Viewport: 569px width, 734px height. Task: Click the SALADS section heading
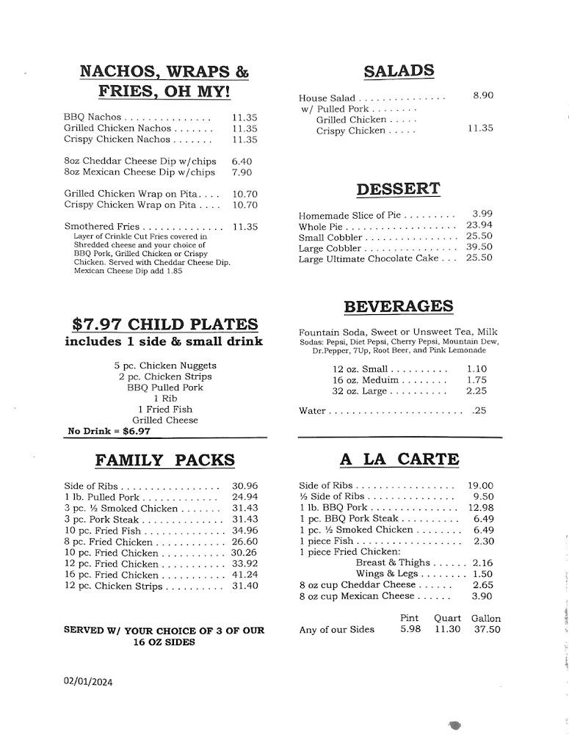[x=399, y=71]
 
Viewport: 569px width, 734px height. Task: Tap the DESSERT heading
[x=398, y=189]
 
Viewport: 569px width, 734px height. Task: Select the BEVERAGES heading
[x=398, y=307]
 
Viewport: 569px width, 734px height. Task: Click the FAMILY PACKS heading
[x=164, y=460]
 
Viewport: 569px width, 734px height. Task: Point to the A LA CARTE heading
[x=399, y=459]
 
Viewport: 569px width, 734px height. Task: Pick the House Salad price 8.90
[x=483, y=95]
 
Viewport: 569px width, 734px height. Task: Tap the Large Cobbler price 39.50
[x=479, y=247]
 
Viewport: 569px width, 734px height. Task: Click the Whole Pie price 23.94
[x=479, y=225]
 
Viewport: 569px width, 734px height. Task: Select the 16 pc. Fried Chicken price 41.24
[x=244, y=575]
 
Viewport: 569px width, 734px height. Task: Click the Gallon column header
[x=485, y=619]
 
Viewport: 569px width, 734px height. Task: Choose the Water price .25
[x=479, y=411]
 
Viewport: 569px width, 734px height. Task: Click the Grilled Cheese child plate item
[x=165, y=421]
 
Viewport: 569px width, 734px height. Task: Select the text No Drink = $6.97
[x=109, y=432]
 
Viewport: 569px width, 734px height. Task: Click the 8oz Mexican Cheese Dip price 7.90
[x=242, y=172]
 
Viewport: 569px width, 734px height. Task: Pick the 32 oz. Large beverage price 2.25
[x=476, y=391]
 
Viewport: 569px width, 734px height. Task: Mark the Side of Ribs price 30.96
[x=244, y=486]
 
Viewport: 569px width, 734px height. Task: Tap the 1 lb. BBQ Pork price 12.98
[x=480, y=508]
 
